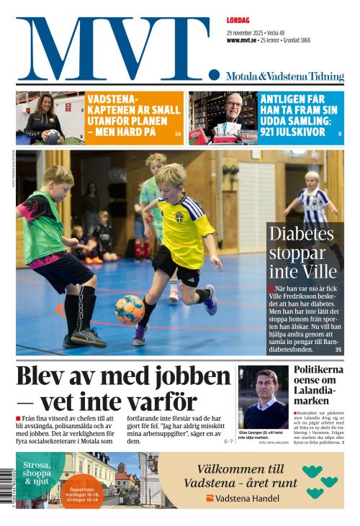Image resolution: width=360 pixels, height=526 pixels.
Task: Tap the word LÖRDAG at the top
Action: click(x=238, y=22)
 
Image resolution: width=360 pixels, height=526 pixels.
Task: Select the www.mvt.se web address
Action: click(x=243, y=40)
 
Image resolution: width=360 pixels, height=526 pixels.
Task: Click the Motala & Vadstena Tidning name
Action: click(x=284, y=76)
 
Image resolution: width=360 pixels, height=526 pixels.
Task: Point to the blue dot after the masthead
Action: click(x=214, y=74)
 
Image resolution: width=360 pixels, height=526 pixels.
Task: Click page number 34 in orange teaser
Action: click(x=178, y=133)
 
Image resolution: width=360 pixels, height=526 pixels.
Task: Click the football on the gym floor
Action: click(x=130, y=309)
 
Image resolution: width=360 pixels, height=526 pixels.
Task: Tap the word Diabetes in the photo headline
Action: click(x=302, y=235)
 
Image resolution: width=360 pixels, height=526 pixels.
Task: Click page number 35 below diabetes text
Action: click(x=338, y=349)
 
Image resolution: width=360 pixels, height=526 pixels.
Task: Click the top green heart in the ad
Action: click(x=312, y=471)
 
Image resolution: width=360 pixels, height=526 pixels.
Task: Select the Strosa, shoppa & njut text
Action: click(x=36, y=473)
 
